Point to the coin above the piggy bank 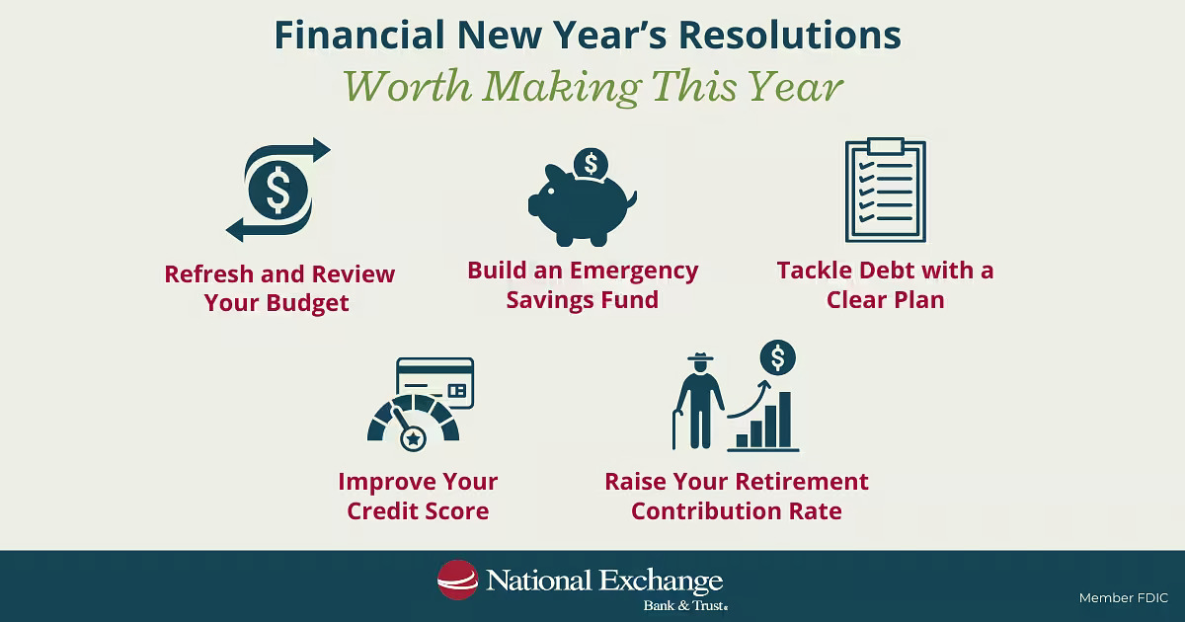click(x=591, y=162)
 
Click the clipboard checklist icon click(x=886, y=192)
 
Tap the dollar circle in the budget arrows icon click(x=278, y=190)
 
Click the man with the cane click(x=697, y=400)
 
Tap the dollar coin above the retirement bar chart click(x=777, y=357)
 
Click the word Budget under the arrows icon click(x=307, y=303)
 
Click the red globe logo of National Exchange click(x=457, y=580)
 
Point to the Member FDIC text click(x=1124, y=598)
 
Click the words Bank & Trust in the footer click(x=685, y=603)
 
